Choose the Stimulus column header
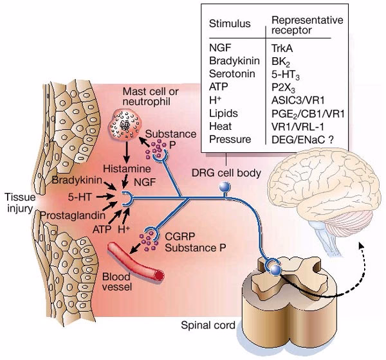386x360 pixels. pos(229,24)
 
